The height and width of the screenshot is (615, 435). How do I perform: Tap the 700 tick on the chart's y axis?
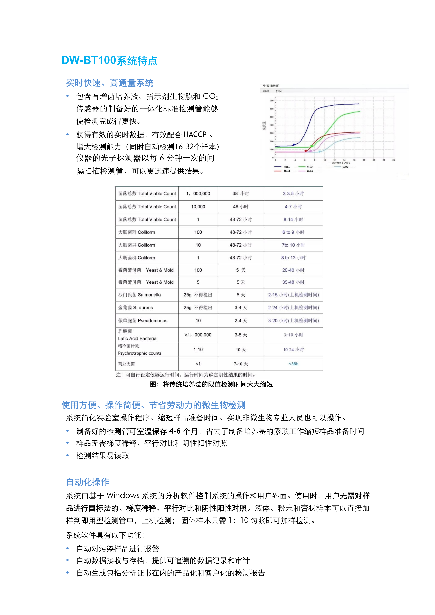pyautogui.click(x=272, y=101)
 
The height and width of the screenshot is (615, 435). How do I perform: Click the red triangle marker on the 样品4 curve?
pyautogui.click(x=306, y=151)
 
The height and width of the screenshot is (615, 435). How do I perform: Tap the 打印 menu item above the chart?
pyautogui.click(x=279, y=91)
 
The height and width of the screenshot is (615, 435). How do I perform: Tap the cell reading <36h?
pyautogui.click(x=293, y=364)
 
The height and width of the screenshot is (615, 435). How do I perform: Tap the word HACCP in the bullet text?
pyautogui.click(x=195, y=134)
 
